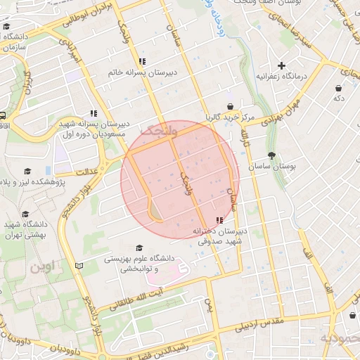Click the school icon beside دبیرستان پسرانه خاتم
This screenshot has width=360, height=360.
(x=143, y=61)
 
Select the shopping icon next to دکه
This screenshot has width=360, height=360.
(x=340, y=88)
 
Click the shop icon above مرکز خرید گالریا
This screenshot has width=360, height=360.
(x=230, y=105)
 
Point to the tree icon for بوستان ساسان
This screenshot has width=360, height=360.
(x=272, y=155)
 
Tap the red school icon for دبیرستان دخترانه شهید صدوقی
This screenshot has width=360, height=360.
(x=219, y=220)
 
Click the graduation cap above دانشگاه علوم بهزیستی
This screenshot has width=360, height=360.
(x=139, y=248)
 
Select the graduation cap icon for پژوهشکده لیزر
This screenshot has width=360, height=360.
(x=27, y=171)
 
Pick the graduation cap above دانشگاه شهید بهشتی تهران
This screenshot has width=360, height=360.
(x=25, y=214)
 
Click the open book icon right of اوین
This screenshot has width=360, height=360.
(x=79, y=266)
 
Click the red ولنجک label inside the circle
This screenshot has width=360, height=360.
(x=155, y=131)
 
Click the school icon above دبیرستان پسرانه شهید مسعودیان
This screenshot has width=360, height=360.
(x=94, y=113)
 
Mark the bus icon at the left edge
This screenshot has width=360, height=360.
(x=3, y=116)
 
